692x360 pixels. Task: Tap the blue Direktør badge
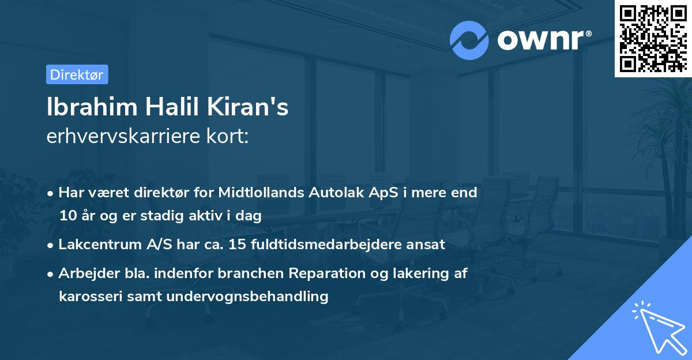click(x=77, y=74)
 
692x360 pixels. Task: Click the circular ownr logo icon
click(x=469, y=40)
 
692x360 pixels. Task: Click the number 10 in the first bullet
click(x=66, y=216)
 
